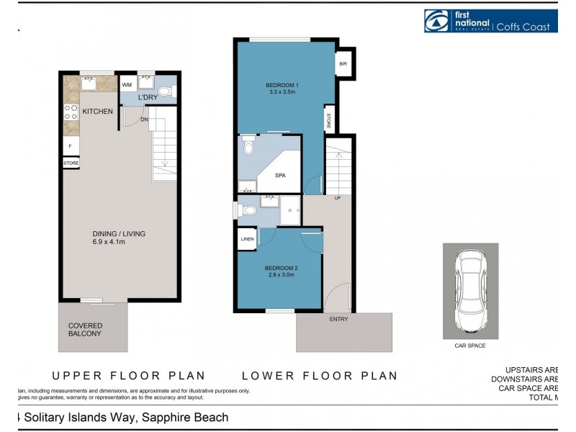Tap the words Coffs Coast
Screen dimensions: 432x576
(x=525, y=27)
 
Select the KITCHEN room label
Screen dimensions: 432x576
(x=97, y=112)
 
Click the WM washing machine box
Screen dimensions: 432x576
(x=127, y=84)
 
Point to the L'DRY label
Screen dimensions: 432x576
(x=148, y=96)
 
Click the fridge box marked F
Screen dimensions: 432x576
(x=71, y=146)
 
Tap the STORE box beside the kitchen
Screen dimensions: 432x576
(x=71, y=163)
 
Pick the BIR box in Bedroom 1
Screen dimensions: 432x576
(x=343, y=63)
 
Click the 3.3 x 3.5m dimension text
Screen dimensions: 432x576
(x=283, y=91)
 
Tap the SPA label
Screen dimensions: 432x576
(x=282, y=175)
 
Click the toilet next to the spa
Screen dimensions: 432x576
(x=248, y=148)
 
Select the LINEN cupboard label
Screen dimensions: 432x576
(x=247, y=239)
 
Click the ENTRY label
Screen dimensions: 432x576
(x=338, y=318)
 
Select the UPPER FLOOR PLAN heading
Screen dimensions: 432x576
(x=129, y=375)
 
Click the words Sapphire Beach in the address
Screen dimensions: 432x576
(x=185, y=418)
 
